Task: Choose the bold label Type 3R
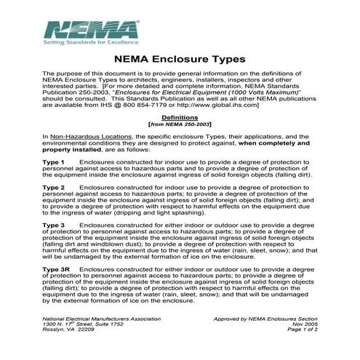click(x=56, y=270)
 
